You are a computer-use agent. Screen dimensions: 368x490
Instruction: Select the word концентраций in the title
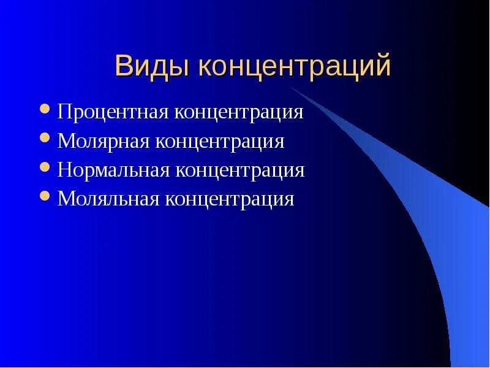294,66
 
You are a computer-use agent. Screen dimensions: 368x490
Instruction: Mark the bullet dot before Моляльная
45,196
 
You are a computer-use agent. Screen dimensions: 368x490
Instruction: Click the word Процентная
114,113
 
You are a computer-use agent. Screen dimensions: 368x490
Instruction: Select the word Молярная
104,142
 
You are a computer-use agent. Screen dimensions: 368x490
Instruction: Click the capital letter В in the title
123,66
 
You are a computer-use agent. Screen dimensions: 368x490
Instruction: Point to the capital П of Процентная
64,113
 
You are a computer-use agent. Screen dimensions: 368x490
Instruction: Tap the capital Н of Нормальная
64,170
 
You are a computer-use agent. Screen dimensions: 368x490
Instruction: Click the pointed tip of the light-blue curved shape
291,88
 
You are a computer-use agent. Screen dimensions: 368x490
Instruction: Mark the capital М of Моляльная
65,199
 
